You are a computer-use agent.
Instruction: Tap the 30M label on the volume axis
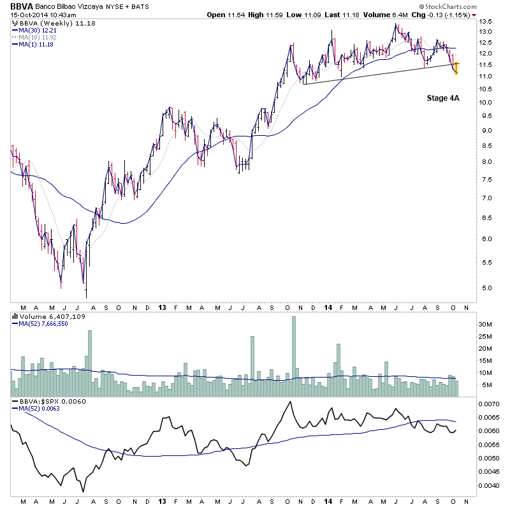coord(487,325)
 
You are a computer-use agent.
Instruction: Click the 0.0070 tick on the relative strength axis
coord(490,404)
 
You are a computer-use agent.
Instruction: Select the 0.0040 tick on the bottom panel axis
coord(490,485)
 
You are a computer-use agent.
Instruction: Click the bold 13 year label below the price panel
coord(162,307)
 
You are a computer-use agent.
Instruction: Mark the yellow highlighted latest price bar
coord(456,67)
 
